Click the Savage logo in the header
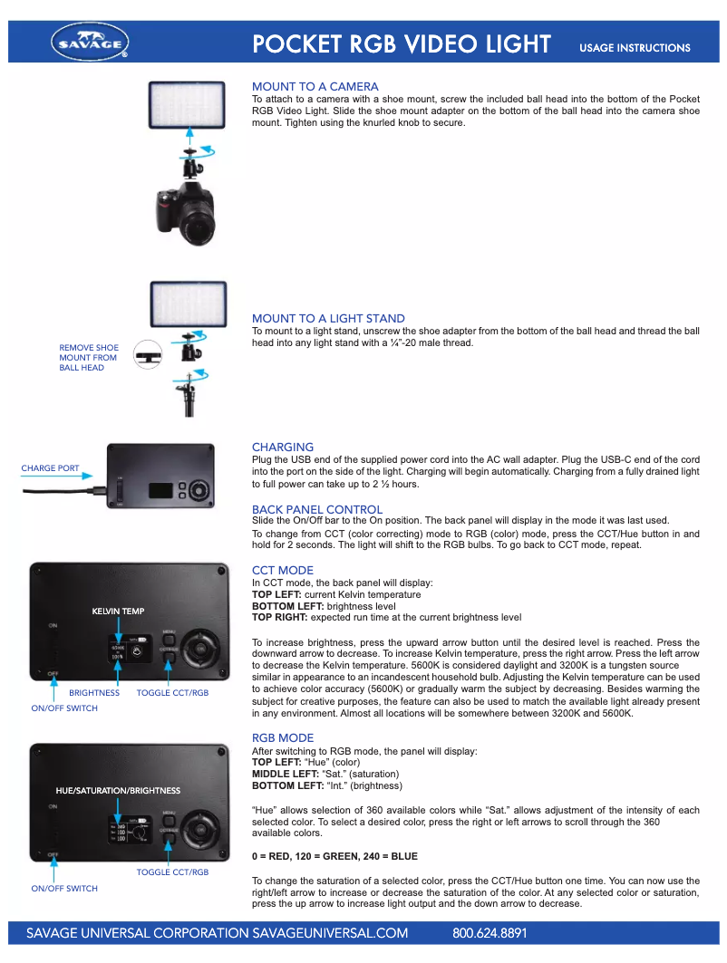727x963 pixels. click(91, 42)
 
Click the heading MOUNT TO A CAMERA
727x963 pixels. click(315, 87)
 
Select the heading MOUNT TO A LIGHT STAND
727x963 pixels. click(328, 318)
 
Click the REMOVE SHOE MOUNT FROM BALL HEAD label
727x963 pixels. click(89, 358)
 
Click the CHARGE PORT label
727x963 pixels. click(50, 468)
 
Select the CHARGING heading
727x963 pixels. click(283, 447)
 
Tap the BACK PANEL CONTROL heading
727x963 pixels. click(317, 509)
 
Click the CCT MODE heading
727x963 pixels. click(283, 570)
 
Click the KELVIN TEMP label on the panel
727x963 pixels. click(118, 612)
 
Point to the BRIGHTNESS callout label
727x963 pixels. click(94, 693)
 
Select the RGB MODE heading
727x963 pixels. click(283, 737)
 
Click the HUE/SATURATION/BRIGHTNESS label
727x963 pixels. click(118, 791)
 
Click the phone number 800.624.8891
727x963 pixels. click(490, 933)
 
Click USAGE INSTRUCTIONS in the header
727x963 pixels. click(635, 48)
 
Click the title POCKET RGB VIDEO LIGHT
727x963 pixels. click(402, 44)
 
